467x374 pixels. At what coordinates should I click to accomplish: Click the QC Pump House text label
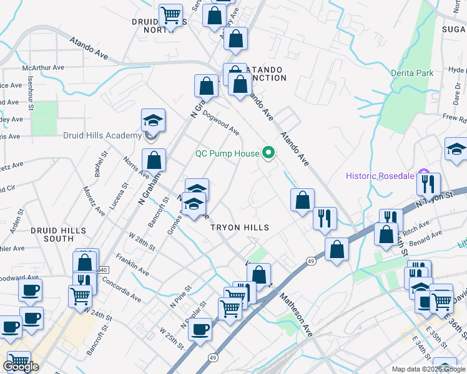pyautogui.click(x=227, y=153)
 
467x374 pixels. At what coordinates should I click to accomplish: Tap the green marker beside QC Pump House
pyautogui.click(x=269, y=153)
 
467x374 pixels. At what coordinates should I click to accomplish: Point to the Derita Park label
pyautogui.click(x=411, y=73)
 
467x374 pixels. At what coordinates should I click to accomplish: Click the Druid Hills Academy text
pyautogui.click(x=102, y=136)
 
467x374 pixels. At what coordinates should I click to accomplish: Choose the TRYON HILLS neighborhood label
pyautogui.click(x=240, y=228)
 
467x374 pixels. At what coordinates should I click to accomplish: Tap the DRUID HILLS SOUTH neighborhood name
pyautogui.click(x=58, y=234)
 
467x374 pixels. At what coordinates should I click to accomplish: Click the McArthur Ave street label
pyautogui.click(x=43, y=67)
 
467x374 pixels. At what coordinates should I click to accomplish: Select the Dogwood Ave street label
pyautogui.click(x=221, y=123)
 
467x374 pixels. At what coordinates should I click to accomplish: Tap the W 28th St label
pyautogui.click(x=141, y=240)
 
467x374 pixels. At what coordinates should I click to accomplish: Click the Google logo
pyautogui.click(x=20, y=367)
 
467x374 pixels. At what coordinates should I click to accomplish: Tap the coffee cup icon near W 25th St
pyautogui.click(x=200, y=328)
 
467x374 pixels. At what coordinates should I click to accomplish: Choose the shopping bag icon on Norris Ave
pyautogui.click(x=154, y=161)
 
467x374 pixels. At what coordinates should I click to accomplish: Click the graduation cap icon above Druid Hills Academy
pyautogui.click(x=153, y=119)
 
